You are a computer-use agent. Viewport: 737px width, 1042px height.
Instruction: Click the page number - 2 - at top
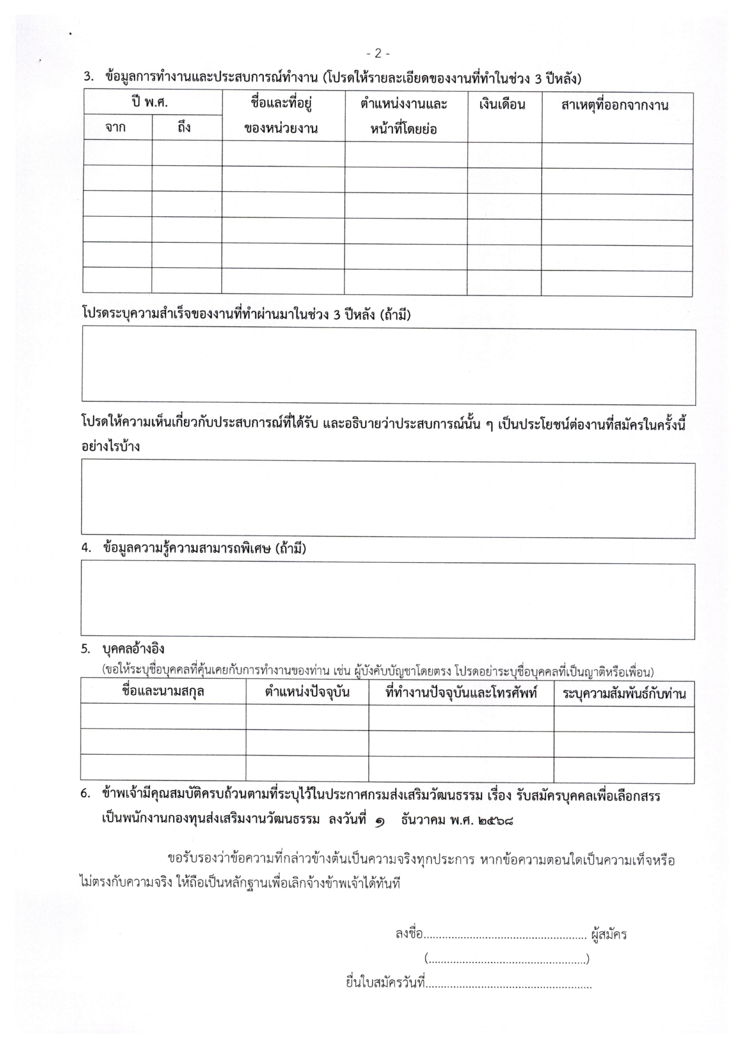pos(378,54)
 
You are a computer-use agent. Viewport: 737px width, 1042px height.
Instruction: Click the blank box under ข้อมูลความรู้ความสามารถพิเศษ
pos(387,601)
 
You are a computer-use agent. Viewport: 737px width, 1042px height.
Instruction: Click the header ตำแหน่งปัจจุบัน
pos(307,692)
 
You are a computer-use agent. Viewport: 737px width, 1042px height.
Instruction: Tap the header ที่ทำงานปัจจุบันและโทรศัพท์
pos(461,692)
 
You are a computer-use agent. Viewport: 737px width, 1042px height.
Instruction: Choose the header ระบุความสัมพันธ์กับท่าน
pos(624,692)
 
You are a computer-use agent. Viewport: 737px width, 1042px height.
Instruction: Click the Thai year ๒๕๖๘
pos(495,821)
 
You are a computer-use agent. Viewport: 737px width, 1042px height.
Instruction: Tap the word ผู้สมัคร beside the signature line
pos(609,935)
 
